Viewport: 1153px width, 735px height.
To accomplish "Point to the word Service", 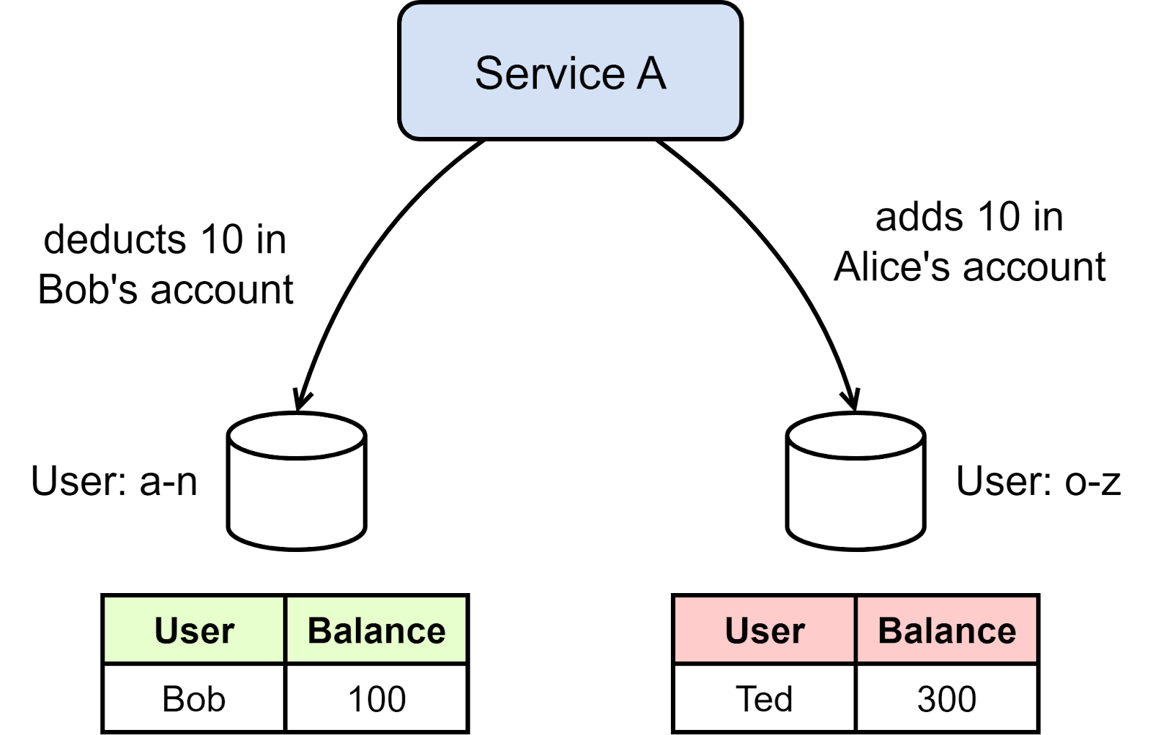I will coord(550,73).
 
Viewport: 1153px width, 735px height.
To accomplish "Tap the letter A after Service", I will coord(651,73).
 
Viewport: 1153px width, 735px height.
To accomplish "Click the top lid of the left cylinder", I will coord(296,435).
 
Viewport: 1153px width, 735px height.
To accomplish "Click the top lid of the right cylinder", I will coord(855,435).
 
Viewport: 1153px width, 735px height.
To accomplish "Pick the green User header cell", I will coord(194,630).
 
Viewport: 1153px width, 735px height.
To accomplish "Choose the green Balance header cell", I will coord(376,630).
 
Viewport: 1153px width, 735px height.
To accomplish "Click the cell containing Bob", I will coord(194,698).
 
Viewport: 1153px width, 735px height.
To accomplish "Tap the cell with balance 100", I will coord(376,698).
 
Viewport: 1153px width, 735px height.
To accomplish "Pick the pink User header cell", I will coord(765,630).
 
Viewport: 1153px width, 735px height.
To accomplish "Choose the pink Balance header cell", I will coord(946,630).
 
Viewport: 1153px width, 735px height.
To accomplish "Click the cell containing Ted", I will coord(765,698).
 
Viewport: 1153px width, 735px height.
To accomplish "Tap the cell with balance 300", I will coord(946,698).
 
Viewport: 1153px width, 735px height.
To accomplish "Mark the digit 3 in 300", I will coord(927,699).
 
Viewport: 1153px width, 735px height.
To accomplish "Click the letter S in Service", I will coord(489,73).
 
